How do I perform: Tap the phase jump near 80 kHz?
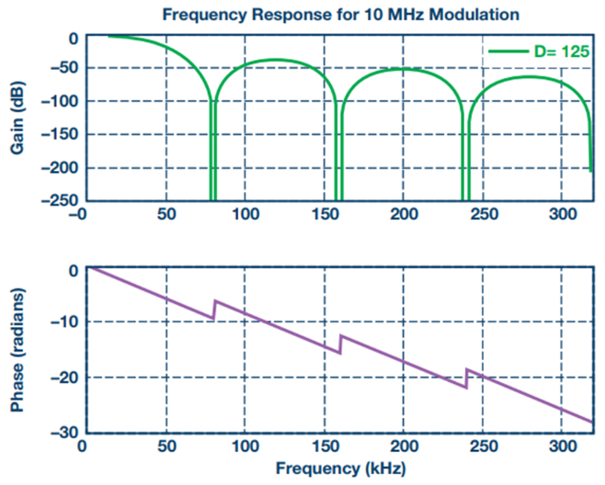(214, 310)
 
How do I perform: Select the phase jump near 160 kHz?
(340, 343)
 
